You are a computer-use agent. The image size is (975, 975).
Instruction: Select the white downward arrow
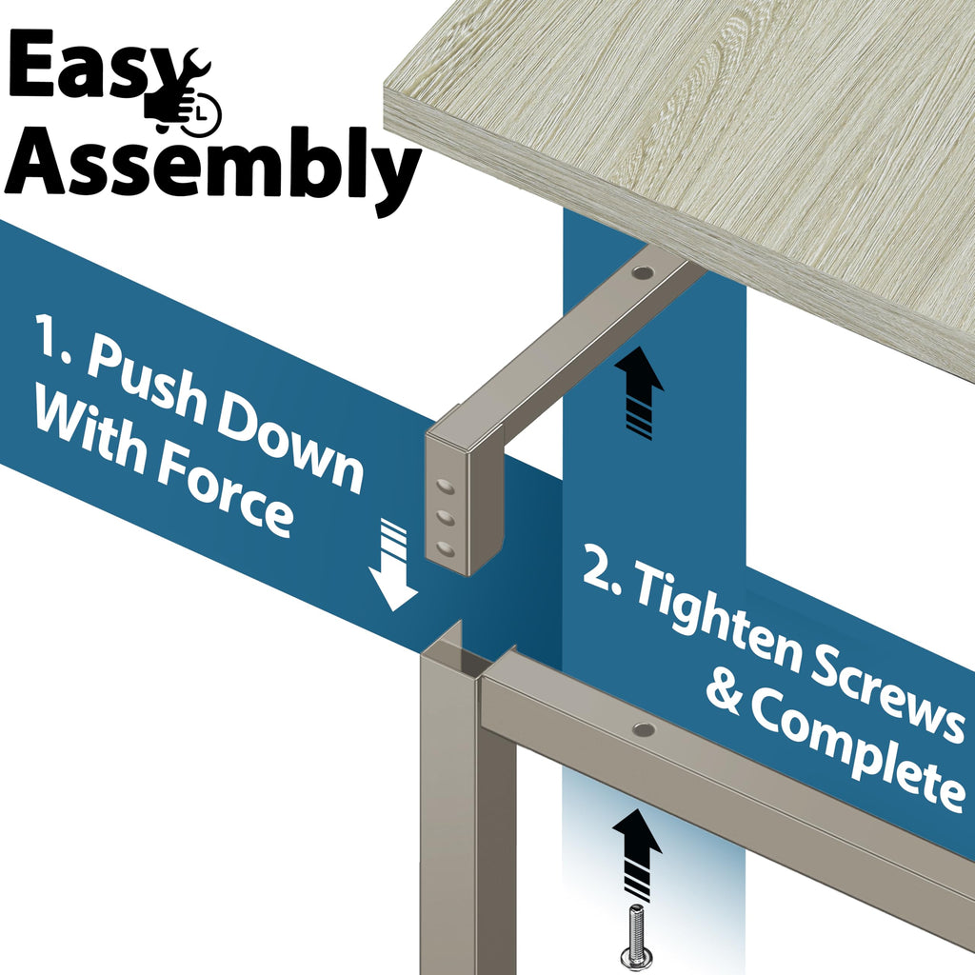coord(392,566)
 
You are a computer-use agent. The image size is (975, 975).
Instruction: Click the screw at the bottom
coord(636,940)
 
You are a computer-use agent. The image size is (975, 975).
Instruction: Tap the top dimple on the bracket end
coord(445,485)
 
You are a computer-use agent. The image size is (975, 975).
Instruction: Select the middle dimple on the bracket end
coord(445,516)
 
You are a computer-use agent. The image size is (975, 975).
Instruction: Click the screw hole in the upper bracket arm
coord(643,273)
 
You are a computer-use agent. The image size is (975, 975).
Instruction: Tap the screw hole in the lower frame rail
coord(644,728)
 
